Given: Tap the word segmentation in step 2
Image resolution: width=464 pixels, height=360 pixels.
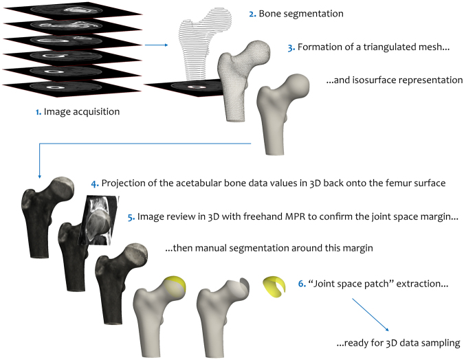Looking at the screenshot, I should coord(314,13).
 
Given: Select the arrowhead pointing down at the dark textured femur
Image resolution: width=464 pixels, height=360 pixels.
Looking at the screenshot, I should coord(40,175).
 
